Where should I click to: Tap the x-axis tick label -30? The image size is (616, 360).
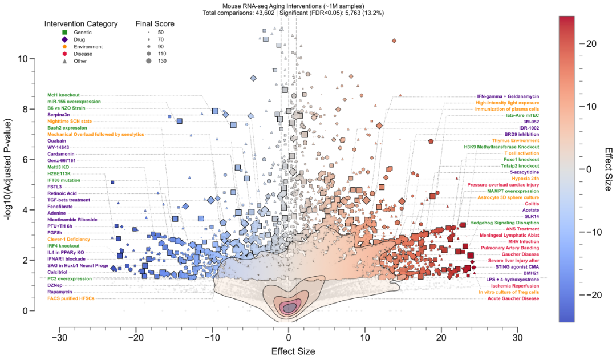(59, 338)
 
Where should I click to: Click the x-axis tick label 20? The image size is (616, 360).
(441, 338)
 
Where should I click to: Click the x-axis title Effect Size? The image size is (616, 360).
(289, 351)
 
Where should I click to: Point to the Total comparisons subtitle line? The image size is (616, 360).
(288, 12)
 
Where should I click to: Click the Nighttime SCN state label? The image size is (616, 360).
(70, 121)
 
